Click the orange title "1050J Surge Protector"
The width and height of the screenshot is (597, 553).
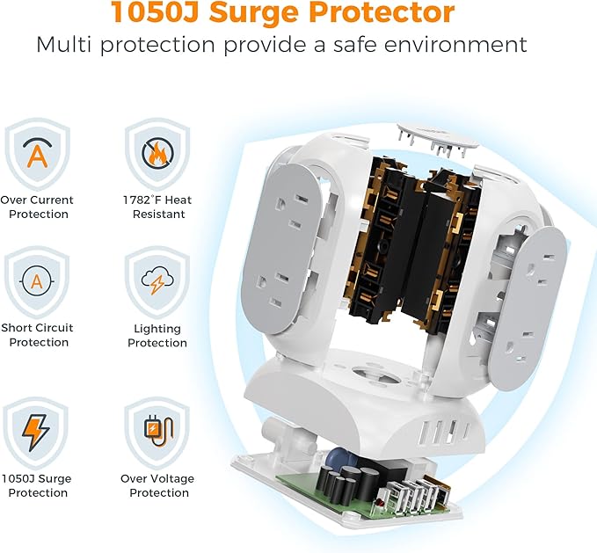pyautogui.click(x=282, y=13)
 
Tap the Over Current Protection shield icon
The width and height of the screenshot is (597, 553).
pyautogui.click(x=36, y=154)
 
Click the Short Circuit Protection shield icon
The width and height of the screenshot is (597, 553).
pyautogui.click(x=36, y=281)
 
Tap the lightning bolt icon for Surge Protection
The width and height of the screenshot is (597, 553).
pyautogui.click(x=36, y=432)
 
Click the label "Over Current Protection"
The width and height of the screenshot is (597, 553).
pyautogui.click(x=37, y=207)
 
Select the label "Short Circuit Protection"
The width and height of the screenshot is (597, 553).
pyautogui.click(x=38, y=335)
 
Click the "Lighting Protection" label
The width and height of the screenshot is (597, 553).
pyautogui.click(x=157, y=336)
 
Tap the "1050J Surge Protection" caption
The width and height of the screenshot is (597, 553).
pyautogui.click(x=38, y=485)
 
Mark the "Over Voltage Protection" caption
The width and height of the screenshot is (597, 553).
pyautogui.click(x=157, y=485)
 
